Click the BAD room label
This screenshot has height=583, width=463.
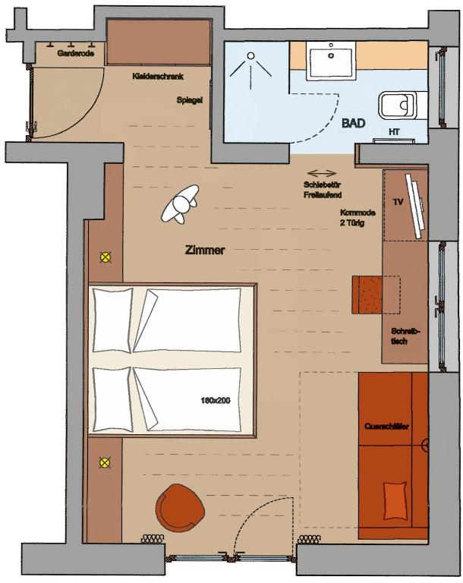coord(353,123)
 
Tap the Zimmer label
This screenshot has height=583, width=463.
coord(204,251)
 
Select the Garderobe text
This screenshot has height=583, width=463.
coord(75,53)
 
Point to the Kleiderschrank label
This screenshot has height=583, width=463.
coord(158,77)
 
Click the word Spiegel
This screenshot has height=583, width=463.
coord(190,100)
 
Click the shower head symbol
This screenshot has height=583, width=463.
coord(251,55)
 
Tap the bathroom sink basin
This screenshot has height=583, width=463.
coord(331,61)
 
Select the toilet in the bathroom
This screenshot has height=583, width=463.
coord(398,105)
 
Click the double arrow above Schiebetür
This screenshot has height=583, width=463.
coord(322,173)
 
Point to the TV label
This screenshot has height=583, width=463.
coord(398,202)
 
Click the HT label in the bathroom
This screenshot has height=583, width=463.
coord(394,131)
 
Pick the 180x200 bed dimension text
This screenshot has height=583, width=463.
coord(216,401)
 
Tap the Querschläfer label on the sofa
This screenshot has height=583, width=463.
coord(386,426)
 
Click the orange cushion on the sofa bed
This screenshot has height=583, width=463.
coord(395,500)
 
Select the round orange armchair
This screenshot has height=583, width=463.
coord(181,506)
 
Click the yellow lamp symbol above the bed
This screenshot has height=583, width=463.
coord(106,257)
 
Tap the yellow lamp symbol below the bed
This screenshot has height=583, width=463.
coord(106,462)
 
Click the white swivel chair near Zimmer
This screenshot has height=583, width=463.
coord(180,203)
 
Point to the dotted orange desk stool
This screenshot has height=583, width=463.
coord(367,295)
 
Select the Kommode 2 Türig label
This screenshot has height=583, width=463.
coord(357,218)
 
